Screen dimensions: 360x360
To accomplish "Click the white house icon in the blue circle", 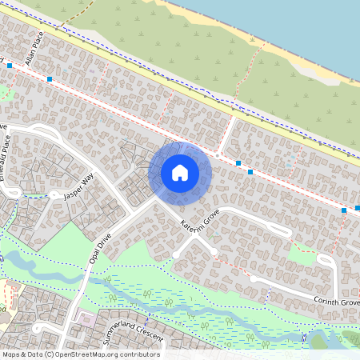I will coord(180,172).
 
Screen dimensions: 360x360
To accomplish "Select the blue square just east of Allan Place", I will coord(50,79).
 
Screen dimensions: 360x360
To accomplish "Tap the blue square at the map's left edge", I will coord(9,66).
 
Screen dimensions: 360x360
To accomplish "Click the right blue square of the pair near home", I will coord(250,171).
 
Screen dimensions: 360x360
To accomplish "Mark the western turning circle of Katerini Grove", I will coord(174,254).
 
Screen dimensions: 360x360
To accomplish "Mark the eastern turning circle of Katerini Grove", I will coord(214,252).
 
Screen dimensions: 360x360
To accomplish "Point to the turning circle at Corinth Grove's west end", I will coord(253,278).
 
